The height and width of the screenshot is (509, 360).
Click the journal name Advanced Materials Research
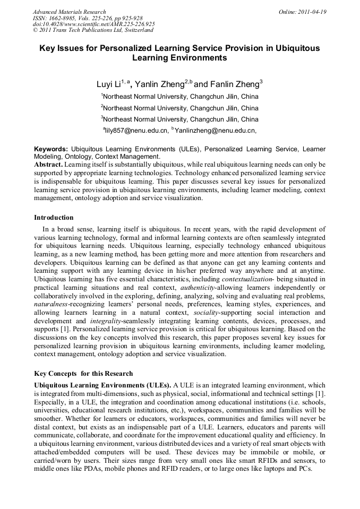click(x=70, y=12)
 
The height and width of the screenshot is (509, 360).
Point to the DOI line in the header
click(x=93, y=24)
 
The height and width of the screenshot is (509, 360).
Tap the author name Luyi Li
click(x=108, y=84)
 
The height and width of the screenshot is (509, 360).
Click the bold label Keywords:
click(x=51, y=150)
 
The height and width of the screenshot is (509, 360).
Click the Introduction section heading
click(x=54, y=218)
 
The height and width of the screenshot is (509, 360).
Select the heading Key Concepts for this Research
click(x=83, y=373)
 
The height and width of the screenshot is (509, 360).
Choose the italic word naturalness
click(x=52, y=305)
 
